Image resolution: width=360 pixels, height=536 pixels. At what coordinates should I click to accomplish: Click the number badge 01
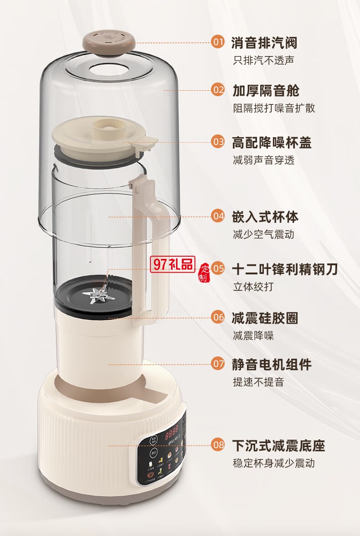point(218,42)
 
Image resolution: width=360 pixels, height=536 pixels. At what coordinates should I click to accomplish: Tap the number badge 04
point(218,216)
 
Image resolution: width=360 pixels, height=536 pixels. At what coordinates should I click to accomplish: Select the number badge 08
point(218,444)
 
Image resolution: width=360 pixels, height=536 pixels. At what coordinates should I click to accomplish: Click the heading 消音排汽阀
point(264,43)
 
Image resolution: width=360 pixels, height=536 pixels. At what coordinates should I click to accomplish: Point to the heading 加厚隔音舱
point(266,90)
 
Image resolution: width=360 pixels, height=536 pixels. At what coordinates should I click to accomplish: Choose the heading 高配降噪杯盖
point(272,142)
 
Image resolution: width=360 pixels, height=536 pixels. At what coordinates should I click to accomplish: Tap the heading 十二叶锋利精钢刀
point(285,269)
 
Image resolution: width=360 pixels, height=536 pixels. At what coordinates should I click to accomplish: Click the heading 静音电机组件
point(272,364)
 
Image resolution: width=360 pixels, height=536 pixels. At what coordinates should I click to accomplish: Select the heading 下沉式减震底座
point(278,445)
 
